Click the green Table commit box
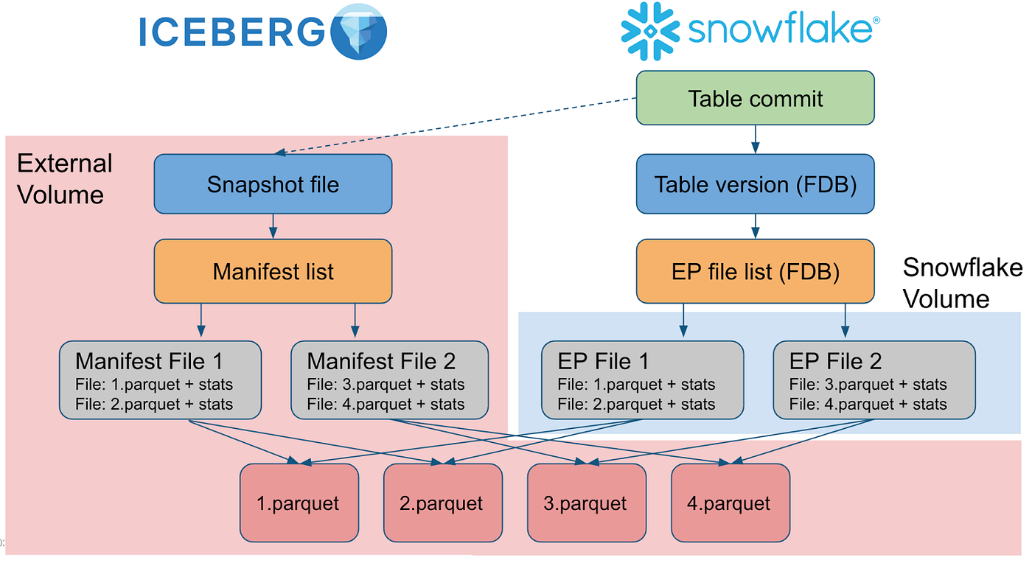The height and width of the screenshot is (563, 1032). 756,98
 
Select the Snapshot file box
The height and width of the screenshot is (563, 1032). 273,184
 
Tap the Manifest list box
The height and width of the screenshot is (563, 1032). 273,271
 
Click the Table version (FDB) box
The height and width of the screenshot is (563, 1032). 756,184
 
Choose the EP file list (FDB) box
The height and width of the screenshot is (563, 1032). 756,271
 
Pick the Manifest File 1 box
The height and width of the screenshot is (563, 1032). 161,380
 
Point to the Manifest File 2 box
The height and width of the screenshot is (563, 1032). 389,380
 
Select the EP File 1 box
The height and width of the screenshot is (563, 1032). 642,380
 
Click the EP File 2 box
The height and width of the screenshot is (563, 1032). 874,380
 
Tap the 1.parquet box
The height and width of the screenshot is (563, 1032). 299,503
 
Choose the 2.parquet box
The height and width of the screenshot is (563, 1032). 442,503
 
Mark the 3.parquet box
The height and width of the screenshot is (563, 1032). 586,503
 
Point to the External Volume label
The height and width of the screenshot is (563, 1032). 63,179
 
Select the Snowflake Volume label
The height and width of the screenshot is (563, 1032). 961,283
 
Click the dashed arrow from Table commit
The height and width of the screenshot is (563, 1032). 457,126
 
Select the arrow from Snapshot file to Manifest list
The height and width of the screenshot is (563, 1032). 273,226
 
